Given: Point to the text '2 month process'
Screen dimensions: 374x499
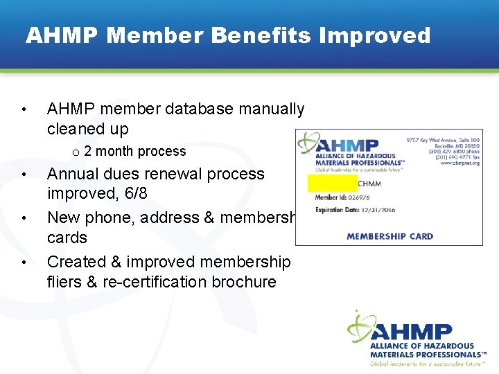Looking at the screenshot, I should coord(134,151).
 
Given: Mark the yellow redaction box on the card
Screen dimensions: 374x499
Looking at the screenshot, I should coord(332,184).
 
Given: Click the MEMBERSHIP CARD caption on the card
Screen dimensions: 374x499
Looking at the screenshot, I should coord(389,235).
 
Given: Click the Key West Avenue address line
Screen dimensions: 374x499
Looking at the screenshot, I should coord(442,141).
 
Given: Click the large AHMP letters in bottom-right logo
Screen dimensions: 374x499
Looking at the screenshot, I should coord(411,332).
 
